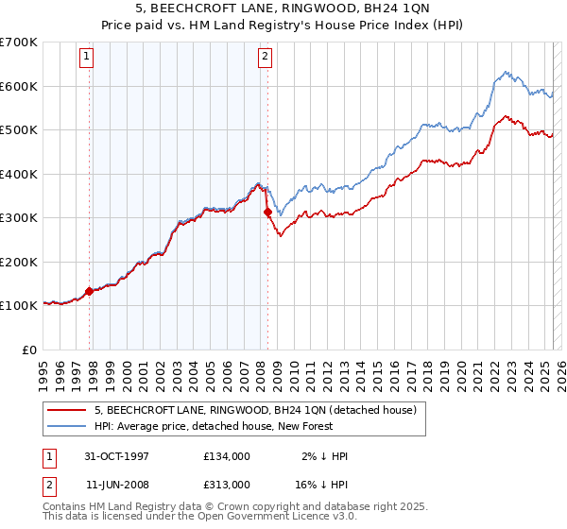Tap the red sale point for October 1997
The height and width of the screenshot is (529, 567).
[x=90, y=291]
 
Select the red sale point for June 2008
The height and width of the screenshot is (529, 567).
[x=267, y=213]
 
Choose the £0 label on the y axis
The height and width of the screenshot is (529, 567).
[x=29, y=350]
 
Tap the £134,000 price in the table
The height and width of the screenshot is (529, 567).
[x=226, y=456]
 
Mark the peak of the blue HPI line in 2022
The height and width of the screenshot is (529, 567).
[x=506, y=72]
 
